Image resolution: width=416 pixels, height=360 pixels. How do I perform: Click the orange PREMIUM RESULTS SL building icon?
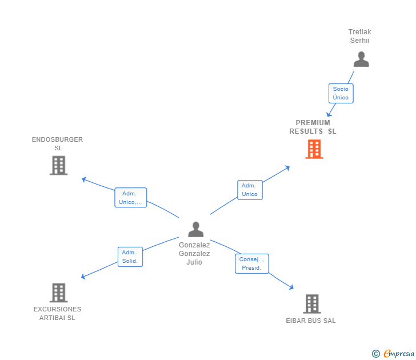coord(314,149)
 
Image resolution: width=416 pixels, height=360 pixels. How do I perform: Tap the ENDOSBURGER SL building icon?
coord(58,165)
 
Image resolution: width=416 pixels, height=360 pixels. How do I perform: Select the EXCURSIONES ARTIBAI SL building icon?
coord(58,293)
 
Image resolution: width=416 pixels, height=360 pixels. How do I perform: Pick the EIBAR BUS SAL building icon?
coord(311,304)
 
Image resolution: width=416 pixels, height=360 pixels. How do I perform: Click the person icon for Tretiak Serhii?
coord(361,59)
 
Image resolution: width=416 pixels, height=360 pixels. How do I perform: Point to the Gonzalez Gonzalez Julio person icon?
coord(195,230)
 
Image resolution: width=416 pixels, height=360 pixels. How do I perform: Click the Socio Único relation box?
coord(341,93)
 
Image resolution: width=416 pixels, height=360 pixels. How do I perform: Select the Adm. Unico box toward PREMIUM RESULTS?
coord(250,190)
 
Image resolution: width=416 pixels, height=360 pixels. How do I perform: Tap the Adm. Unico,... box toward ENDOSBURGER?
coord(130,198)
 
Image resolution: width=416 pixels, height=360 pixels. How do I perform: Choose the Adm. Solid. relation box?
coord(130,257)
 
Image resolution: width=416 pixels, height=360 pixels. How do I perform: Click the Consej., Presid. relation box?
coord(251,263)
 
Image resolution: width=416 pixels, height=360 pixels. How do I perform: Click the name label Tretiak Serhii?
coord(360,36)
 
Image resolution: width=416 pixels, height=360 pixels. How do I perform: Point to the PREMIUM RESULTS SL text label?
coord(313,127)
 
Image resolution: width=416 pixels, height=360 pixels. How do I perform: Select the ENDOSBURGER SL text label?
coord(57,143)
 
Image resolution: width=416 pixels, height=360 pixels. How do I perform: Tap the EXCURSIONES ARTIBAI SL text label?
coord(57,313)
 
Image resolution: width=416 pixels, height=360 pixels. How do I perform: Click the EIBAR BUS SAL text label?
coord(311,321)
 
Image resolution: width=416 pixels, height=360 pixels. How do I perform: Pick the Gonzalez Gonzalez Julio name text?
coord(194,253)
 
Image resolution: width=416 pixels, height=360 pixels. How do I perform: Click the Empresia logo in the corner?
coord(398,354)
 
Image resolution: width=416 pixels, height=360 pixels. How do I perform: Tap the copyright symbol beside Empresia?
coord(375,354)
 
